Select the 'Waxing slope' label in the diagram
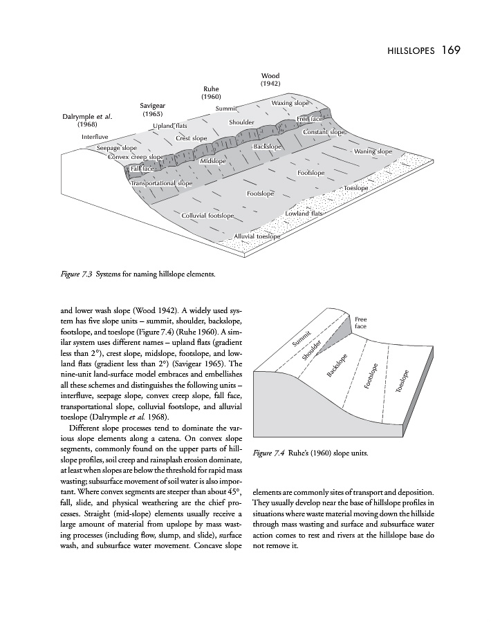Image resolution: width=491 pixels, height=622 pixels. point(290,103)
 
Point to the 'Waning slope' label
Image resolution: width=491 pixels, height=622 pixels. point(373,151)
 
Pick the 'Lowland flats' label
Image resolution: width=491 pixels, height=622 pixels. point(304,214)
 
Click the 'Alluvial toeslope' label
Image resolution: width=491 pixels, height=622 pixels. point(257,236)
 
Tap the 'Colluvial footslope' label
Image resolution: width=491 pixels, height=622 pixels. point(207,216)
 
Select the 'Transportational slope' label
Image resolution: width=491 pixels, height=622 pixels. point(161,183)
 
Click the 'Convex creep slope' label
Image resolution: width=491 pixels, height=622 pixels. point(136,157)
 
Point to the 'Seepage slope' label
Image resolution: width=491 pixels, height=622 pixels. point(116,148)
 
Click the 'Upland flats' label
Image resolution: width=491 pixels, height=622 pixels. point(170,126)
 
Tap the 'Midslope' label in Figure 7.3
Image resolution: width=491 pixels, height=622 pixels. point(213,161)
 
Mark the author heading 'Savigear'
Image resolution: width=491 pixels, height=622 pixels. point(151,105)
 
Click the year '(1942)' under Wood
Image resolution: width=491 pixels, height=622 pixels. point(270,84)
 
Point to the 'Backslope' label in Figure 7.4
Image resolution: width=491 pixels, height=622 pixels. point(337,364)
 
